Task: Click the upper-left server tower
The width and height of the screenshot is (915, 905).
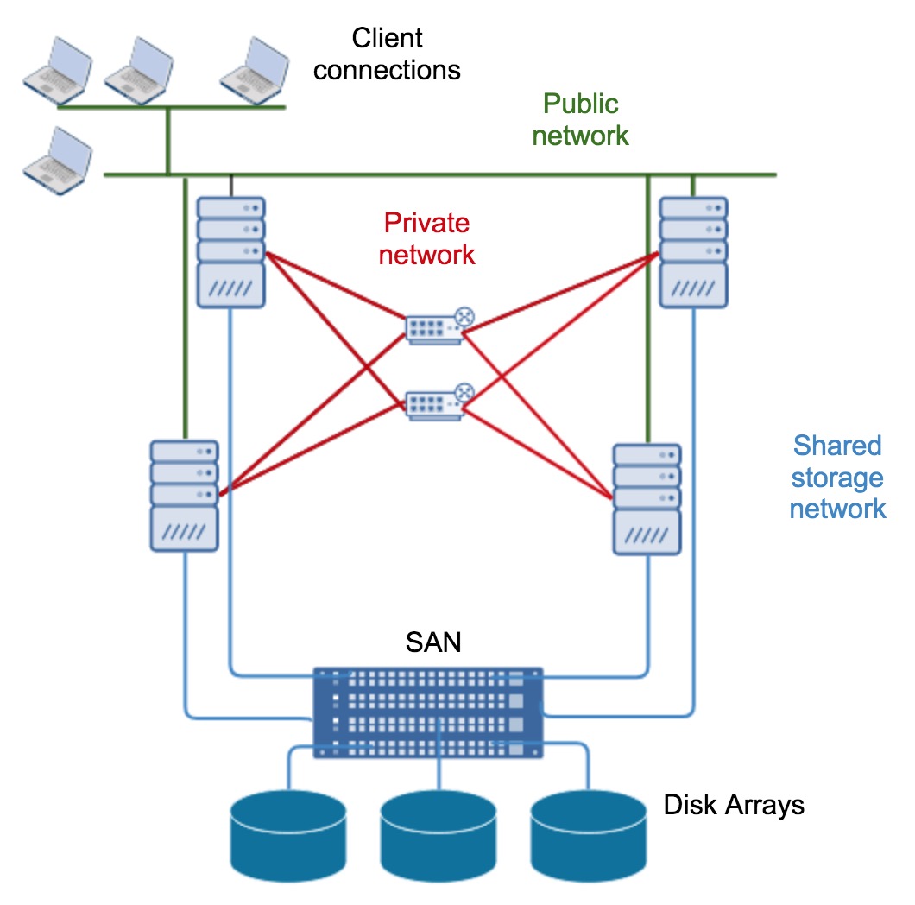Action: pos(230,252)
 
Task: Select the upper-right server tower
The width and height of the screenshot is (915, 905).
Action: pos(692,252)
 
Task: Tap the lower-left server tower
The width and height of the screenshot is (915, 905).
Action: pos(184,496)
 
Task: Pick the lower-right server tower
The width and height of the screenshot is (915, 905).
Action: pos(647,499)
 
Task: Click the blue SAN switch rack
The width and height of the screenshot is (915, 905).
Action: pos(428,712)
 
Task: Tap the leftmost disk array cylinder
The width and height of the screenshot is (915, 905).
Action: pos(289,833)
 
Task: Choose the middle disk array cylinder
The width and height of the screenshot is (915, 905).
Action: pos(439,833)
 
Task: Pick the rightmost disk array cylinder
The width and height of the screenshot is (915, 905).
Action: pos(589,833)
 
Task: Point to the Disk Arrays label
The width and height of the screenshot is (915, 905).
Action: pos(734,805)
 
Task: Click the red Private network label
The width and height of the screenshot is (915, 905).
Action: pos(427,238)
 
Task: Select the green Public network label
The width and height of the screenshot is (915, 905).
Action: pos(580,120)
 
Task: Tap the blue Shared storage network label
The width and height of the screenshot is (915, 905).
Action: pos(837,477)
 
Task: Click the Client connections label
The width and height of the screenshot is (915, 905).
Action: pos(387,54)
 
